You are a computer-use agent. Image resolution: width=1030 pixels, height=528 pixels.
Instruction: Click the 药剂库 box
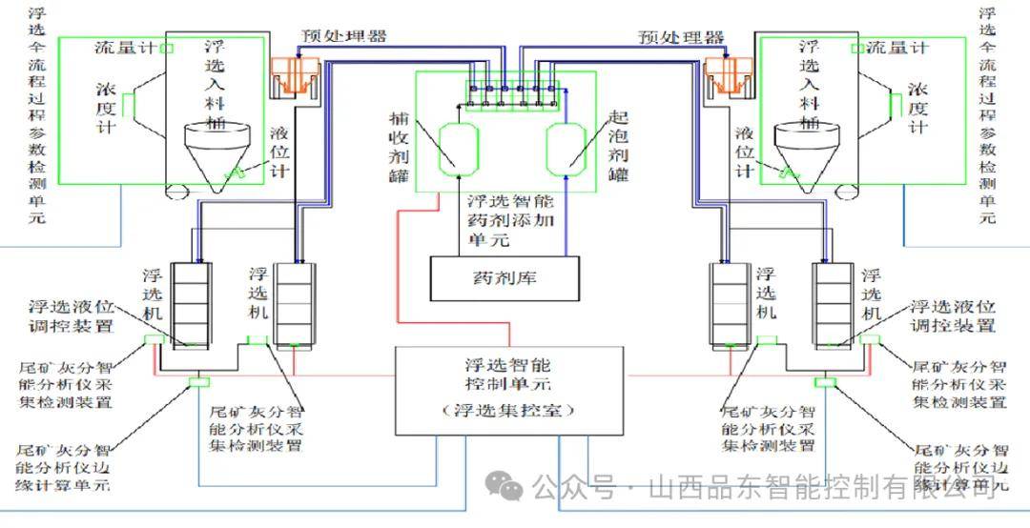505,279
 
